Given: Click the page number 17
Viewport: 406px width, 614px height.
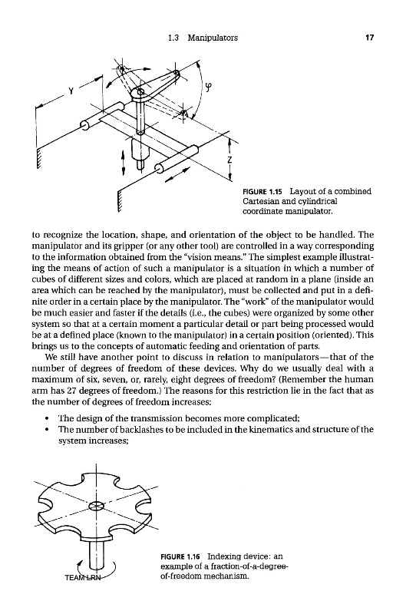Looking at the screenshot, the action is [x=370, y=38].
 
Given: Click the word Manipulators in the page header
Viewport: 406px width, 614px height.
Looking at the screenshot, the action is [x=213, y=38].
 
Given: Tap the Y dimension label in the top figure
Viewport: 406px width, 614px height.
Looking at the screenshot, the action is [x=71, y=91].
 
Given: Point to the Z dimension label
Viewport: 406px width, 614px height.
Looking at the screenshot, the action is [x=229, y=160].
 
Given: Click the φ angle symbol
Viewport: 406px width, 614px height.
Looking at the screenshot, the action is [x=210, y=87].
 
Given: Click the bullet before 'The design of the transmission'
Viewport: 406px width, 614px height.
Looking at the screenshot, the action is [x=47, y=418].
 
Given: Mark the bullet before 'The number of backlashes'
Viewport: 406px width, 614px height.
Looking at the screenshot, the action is [x=47, y=430].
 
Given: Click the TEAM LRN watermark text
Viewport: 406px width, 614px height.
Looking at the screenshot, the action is [x=83, y=577].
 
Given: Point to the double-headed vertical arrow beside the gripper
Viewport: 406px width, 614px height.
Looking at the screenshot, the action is [x=124, y=163].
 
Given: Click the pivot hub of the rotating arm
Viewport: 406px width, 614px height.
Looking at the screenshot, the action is [x=139, y=93].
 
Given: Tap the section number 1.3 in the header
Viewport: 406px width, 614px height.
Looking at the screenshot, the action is [x=173, y=38].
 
